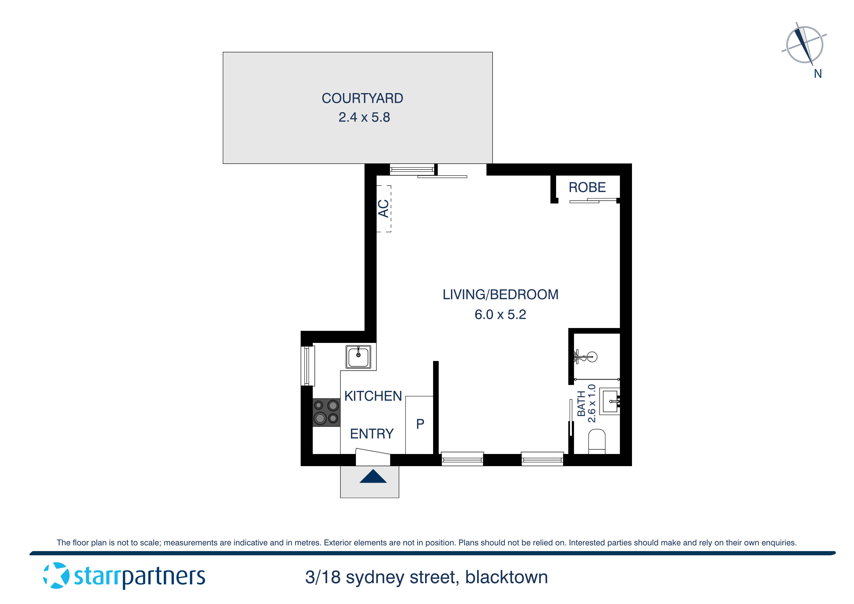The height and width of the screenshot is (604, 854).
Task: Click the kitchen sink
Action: click(x=358, y=357)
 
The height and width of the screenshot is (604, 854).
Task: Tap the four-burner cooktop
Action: click(x=326, y=412)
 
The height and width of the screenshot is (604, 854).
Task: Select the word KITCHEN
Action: click(x=373, y=396)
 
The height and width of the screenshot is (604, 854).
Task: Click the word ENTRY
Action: click(x=371, y=434)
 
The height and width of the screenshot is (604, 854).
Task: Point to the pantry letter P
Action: click(x=420, y=424)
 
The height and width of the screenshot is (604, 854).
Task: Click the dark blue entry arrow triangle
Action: click(x=373, y=477)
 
